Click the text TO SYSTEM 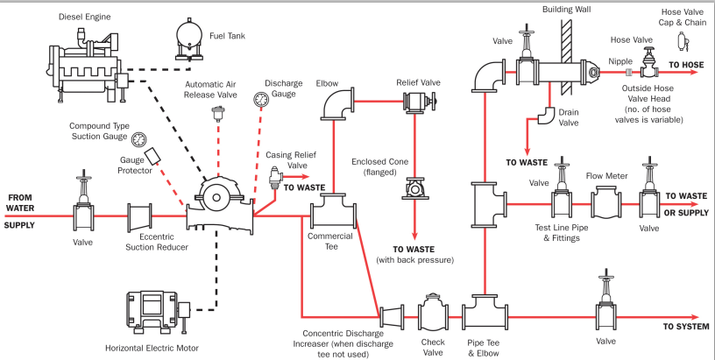(685, 326)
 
